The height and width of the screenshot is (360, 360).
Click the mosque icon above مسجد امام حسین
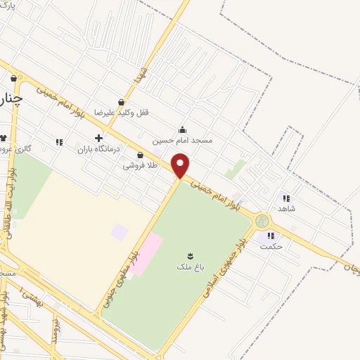[183, 129]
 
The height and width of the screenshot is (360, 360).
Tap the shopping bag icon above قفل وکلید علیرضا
[122, 103]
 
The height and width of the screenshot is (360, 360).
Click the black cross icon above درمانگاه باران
[98, 138]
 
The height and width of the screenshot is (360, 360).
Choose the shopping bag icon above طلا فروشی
[140, 155]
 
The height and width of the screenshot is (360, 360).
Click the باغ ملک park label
[190, 266]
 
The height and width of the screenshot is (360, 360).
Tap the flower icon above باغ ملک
[190, 255]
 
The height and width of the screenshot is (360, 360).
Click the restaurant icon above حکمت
[271, 236]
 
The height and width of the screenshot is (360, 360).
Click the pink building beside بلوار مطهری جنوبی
[146, 254]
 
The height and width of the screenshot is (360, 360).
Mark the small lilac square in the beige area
[120, 231]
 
